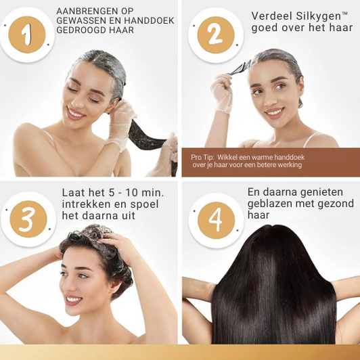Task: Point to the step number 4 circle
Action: pyautogui.click(x=216, y=220)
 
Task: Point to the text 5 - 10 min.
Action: pyautogui.click(x=131, y=193)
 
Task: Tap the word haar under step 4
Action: pyautogui.click(x=258, y=215)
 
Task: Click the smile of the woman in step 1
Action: pyautogui.click(x=76, y=114)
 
